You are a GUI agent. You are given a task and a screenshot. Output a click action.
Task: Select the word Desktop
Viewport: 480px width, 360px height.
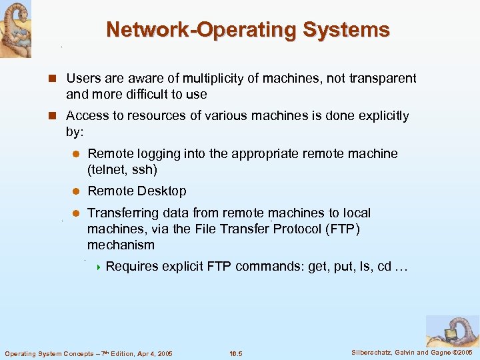click(161, 191)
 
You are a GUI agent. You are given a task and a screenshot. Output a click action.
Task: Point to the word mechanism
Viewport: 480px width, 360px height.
click(121, 245)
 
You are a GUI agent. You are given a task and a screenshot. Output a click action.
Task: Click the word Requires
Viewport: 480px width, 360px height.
click(132, 266)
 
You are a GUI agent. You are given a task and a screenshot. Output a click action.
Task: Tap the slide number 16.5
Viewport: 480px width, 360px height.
click(235, 353)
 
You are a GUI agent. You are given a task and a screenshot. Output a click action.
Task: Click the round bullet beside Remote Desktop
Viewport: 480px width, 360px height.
click(76, 191)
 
